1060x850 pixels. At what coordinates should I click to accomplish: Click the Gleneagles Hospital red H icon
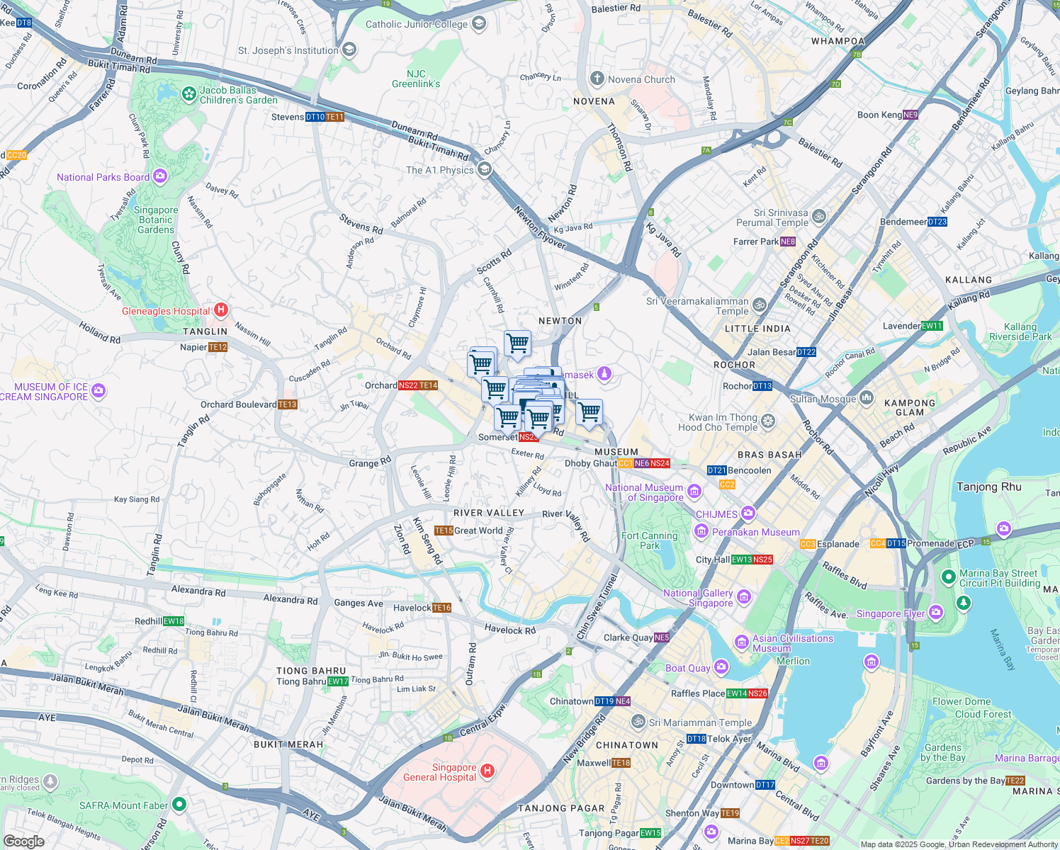[x=220, y=310]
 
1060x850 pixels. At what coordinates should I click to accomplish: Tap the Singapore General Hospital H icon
[x=487, y=771]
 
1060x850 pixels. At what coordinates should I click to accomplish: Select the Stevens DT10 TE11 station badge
[x=325, y=117]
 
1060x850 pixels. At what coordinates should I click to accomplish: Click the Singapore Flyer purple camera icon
[x=936, y=612]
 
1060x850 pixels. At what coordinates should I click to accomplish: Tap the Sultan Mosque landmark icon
[x=866, y=398]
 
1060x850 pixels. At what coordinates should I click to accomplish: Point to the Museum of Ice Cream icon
[x=98, y=390]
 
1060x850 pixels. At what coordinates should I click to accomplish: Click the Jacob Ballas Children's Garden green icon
[x=188, y=93]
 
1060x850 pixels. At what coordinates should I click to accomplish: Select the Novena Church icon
[x=597, y=79]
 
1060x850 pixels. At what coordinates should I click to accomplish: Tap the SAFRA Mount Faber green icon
[x=179, y=804]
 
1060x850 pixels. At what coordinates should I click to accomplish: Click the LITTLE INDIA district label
[x=757, y=329]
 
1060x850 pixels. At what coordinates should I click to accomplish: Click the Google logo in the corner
[x=24, y=841]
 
